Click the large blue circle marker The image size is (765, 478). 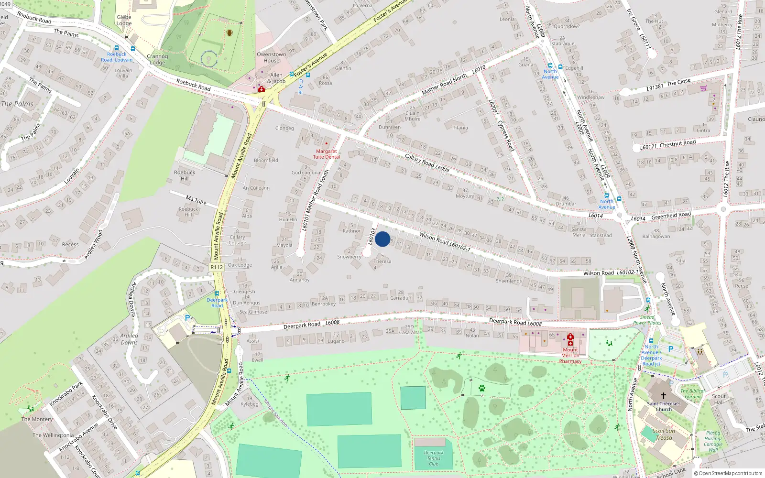click(382, 239)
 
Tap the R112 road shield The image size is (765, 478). click(217, 267)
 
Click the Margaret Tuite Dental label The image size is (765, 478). click(327, 154)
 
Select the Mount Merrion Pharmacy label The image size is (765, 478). click(570, 355)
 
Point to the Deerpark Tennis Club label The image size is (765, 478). click(433, 458)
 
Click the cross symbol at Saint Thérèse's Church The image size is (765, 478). click(663, 396)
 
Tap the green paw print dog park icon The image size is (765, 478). click(481, 388)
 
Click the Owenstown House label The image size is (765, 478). click(271, 57)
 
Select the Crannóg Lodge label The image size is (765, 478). click(157, 59)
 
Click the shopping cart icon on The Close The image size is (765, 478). click(703, 88)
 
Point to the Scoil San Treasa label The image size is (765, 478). click(664, 434)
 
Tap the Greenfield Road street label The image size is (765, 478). click(671, 216)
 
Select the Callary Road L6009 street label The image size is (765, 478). click(426, 163)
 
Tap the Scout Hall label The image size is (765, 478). click(719, 399)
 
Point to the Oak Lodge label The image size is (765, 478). click(240, 265)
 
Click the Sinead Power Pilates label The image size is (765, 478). click(647, 320)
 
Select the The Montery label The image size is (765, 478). click(37, 419)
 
